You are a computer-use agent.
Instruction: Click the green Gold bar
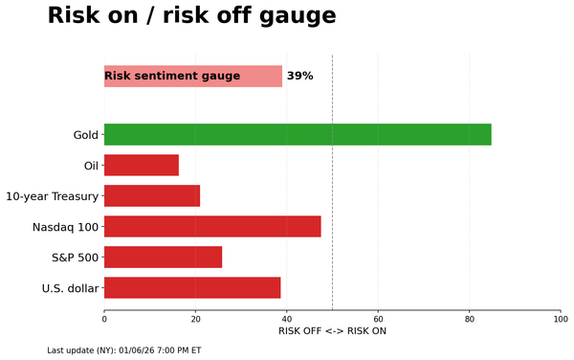(297, 134)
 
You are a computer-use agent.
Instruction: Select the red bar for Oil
(141, 166)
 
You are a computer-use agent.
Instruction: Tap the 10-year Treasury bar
(151, 196)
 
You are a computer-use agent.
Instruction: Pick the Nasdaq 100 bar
(212, 227)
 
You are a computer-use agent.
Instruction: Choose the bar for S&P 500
(163, 258)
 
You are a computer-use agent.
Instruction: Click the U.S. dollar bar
(191, 288)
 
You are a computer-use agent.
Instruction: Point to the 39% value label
(299, 76)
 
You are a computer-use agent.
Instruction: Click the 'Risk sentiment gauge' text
(172, 76)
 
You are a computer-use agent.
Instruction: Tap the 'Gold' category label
(85, 135)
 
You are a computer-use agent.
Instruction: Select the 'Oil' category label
(91, 166)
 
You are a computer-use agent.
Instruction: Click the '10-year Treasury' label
(52, 196)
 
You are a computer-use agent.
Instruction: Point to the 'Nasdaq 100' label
(65, 227)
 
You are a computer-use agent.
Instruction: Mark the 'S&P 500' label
(75, 258)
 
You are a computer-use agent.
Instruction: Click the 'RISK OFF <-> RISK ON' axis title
(332, 331)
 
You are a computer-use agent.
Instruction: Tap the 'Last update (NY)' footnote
(123, 350)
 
